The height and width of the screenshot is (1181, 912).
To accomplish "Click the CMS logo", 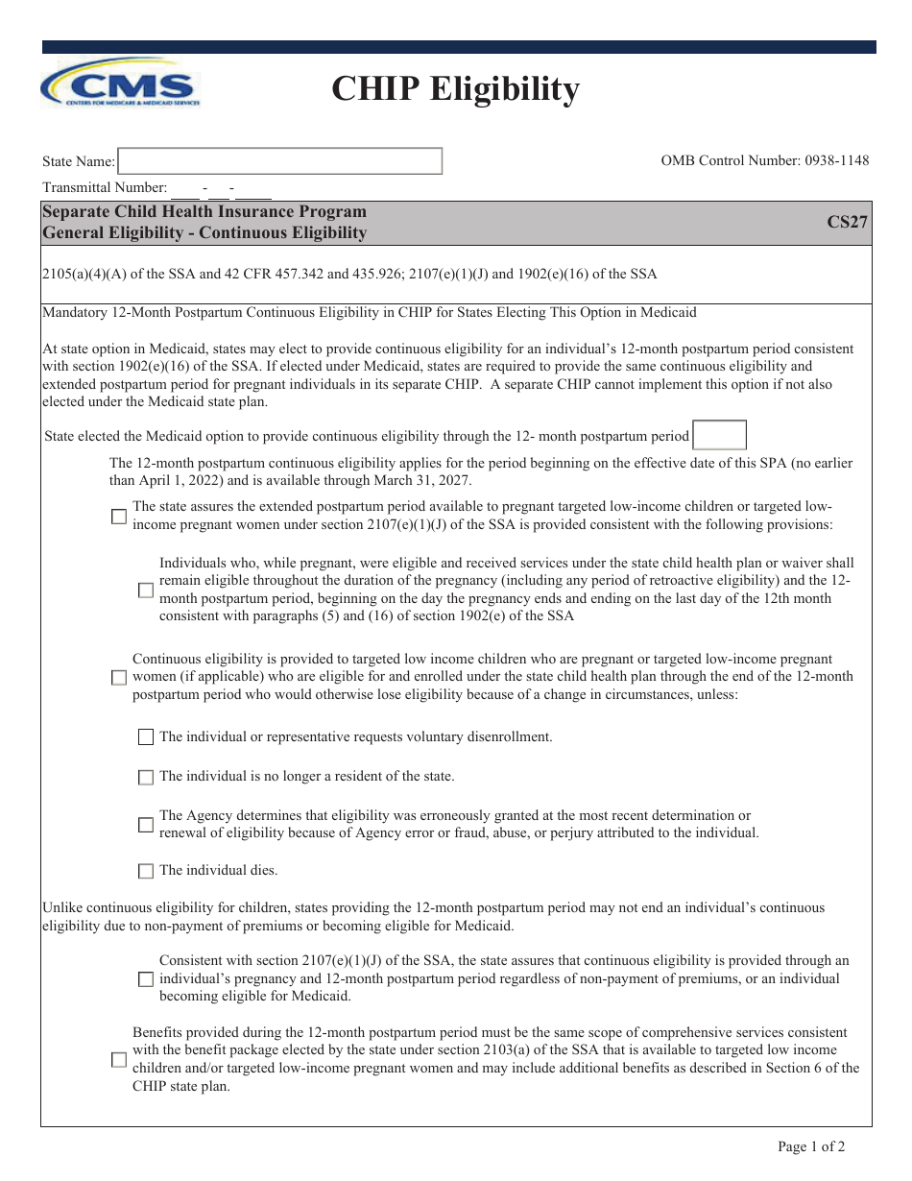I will (120, 83).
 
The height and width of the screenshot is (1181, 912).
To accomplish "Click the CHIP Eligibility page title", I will (455, 89).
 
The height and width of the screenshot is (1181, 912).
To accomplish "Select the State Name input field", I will (279, 161).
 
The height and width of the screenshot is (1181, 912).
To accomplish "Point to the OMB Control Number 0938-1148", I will (764, 160).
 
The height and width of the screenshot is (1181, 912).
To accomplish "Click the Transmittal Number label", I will (105, 188).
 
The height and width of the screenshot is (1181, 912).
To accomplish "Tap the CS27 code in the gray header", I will (847, 222).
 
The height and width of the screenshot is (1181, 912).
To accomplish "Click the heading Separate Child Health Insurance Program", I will (204, 211).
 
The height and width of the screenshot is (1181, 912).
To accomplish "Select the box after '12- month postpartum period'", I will (719, 436).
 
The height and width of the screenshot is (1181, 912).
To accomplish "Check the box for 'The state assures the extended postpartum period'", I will (119, 517).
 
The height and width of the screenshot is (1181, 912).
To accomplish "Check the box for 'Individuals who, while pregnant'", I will (146, 590).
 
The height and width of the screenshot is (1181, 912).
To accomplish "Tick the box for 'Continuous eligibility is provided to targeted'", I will (119, 677).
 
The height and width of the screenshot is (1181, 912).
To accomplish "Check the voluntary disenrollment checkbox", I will (146, 737).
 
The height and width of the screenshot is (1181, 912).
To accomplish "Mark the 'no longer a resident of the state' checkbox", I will (146, 777).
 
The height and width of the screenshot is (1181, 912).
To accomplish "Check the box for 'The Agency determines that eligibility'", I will (146, 825).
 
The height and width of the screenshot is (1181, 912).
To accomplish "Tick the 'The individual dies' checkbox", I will (146, 871).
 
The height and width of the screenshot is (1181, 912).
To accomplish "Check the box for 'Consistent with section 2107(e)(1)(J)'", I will (146, 979).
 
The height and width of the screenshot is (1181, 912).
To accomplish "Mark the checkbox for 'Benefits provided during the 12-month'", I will (119, 1060).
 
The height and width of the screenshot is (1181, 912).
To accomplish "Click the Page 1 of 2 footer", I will (811, 1146).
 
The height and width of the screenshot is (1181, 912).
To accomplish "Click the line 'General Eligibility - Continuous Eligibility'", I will (204, 232).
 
